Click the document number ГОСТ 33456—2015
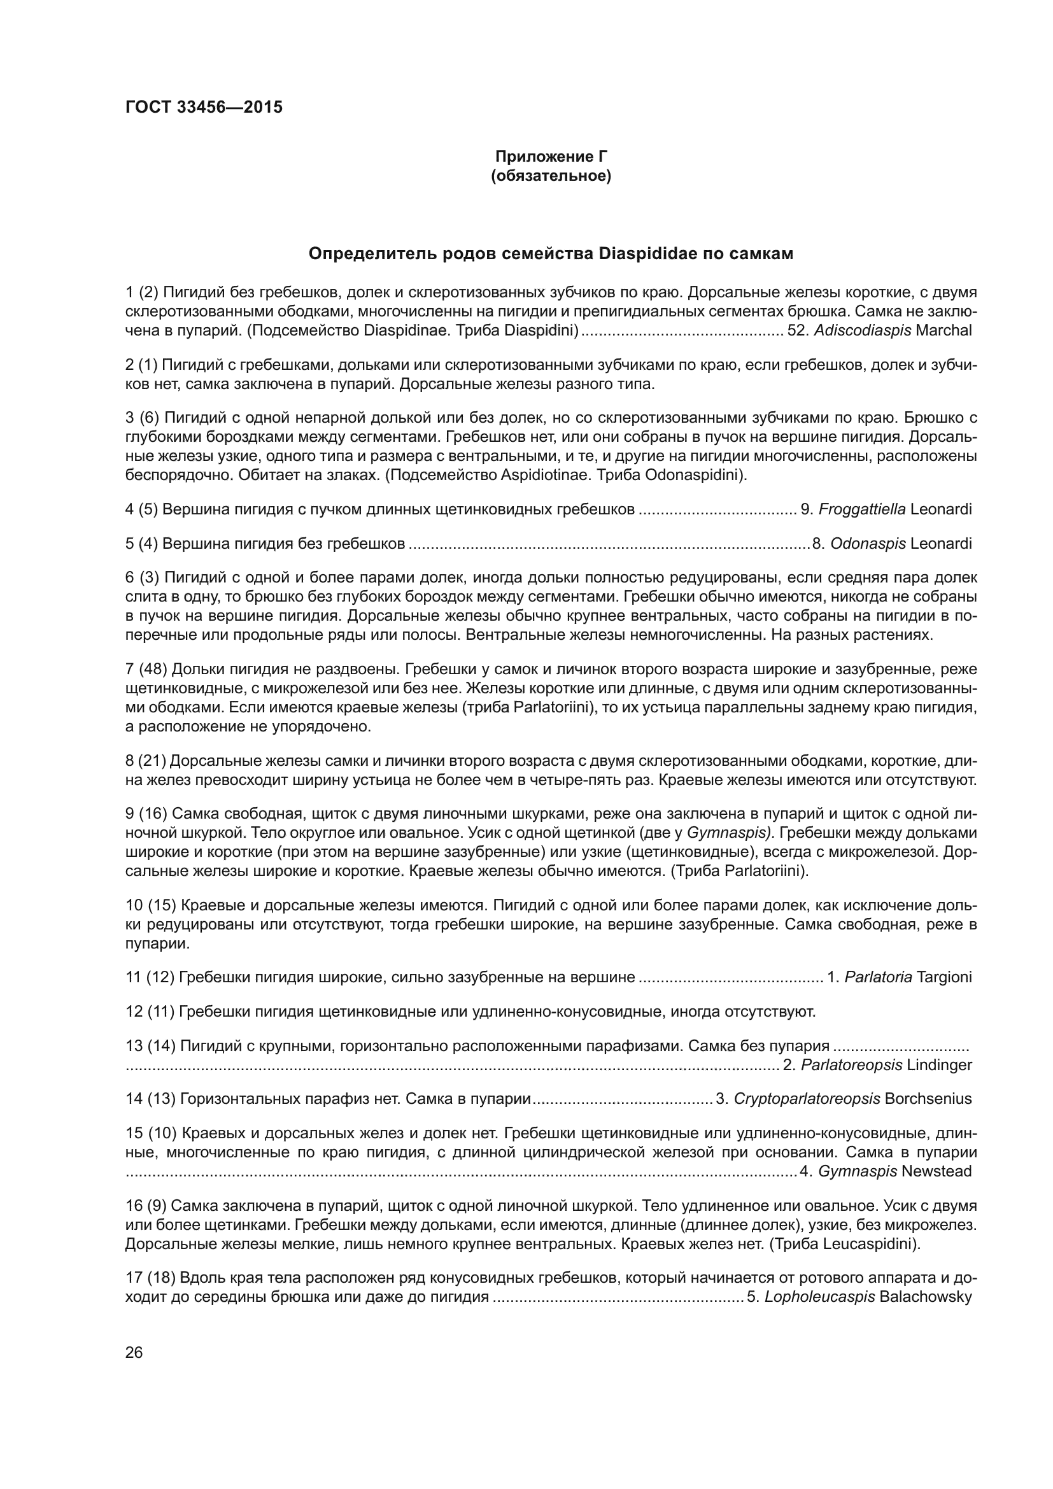204,107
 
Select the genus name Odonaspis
868,544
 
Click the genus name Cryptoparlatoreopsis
807,1099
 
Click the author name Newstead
936,1171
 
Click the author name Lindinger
940,1065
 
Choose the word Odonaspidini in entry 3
694,475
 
